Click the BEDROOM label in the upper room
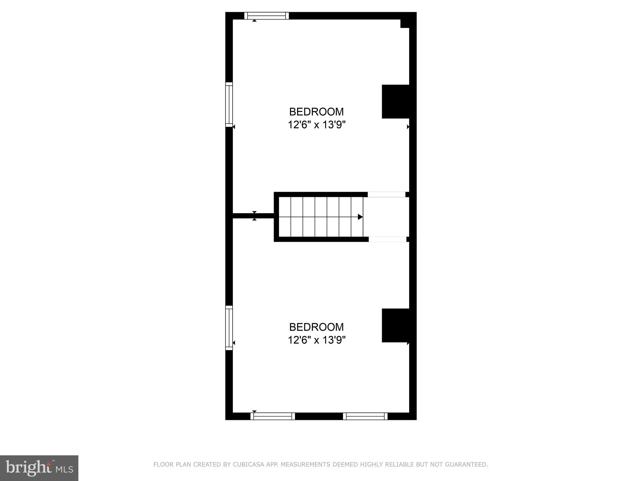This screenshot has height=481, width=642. pos(316,112)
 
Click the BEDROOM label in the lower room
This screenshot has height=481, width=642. pos(316,327)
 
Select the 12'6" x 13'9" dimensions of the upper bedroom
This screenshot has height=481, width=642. pos(317,125)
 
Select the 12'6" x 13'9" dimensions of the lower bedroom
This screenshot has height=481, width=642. pos(317,340)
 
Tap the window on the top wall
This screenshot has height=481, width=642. pos(266,16)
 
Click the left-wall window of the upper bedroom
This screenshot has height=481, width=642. pos(229,105)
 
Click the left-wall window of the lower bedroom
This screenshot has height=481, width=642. pos(229,328)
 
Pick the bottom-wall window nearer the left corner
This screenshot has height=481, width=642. pos(273,416)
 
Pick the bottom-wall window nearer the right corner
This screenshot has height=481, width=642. pos(365,416)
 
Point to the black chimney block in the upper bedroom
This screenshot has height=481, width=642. pos(396,101)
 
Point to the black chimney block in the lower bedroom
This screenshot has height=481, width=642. pos(396,325)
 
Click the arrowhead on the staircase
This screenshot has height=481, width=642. pos(360,217)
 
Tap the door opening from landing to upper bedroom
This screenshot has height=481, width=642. pos(386,194)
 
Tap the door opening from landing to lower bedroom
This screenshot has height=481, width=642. pos(387,239)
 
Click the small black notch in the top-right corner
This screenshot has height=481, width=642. pos(405,23)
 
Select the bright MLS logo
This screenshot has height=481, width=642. pos(39,468)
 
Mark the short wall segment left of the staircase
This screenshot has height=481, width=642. pos(253,216)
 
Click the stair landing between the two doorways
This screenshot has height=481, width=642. pos(386,217)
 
